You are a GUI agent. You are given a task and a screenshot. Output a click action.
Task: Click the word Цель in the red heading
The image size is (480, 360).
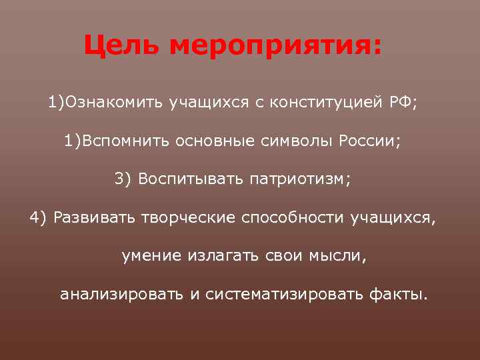121,46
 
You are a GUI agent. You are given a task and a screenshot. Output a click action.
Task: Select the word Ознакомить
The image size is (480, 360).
111,103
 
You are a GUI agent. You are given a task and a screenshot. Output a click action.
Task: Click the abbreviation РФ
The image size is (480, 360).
402,103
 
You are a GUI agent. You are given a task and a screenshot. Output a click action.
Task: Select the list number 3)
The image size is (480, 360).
124,179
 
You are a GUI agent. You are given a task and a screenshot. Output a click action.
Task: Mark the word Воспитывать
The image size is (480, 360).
190,179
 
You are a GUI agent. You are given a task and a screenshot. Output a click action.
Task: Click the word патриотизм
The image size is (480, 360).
298,179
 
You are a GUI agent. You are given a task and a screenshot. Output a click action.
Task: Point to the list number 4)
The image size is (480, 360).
39,218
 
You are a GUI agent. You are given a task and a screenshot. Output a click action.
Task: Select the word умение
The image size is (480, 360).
151,256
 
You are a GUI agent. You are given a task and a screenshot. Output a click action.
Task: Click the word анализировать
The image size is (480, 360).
121,295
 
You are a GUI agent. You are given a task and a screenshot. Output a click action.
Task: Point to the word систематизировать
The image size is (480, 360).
285,295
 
